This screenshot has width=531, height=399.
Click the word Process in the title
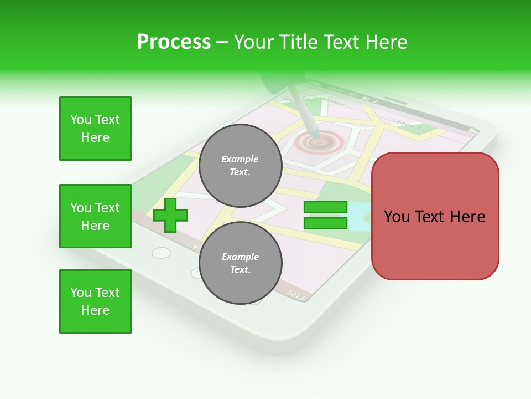click(174, 42)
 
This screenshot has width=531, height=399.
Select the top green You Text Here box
click(95, 129)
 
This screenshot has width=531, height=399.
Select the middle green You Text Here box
click(95, 216)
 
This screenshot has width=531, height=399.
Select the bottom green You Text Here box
click(95, 301)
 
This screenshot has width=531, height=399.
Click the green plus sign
click(170, 215)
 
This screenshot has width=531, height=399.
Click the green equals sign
click(325, 215)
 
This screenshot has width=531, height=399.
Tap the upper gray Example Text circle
click(240, 166)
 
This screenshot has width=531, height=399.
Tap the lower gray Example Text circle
click(240, 263)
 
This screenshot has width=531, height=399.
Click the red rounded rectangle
click(435, 216)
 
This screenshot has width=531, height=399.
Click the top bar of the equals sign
click(325, 207)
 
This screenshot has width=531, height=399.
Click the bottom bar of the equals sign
click(325, 223)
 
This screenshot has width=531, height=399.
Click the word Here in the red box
click(467, 217)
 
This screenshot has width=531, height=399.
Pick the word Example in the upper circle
click(240, 159)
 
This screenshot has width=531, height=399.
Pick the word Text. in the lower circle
click(240, 270)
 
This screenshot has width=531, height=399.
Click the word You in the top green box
click(80, 120)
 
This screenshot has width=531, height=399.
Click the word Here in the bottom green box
click(95, 310)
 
